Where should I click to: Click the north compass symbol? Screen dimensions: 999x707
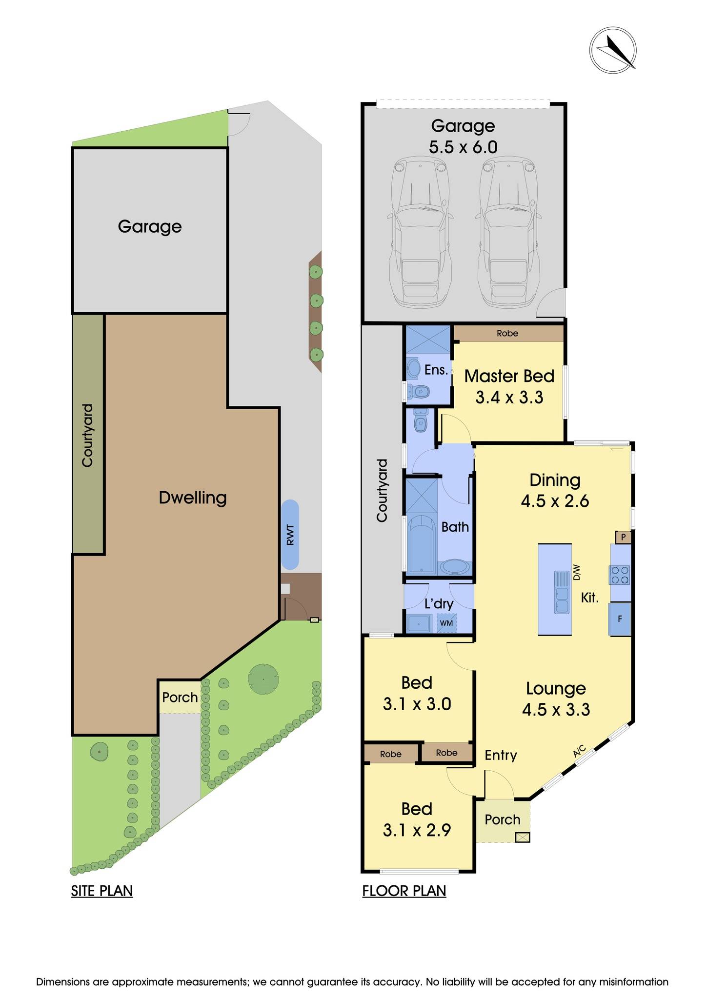612,50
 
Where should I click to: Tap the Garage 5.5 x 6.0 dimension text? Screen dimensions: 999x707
463,147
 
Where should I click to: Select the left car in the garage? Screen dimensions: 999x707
420,233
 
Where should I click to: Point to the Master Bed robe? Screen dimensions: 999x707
507,334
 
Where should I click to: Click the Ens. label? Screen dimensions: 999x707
436,370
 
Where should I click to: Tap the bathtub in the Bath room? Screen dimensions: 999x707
421,545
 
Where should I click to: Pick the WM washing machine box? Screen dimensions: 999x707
446,623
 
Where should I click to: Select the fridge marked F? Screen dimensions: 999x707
620,619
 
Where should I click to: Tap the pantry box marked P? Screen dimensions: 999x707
623,538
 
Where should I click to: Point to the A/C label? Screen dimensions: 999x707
579,752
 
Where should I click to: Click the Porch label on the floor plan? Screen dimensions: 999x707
502,819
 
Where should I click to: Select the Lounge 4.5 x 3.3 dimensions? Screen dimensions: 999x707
556,709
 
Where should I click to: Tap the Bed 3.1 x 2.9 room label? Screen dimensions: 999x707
417,819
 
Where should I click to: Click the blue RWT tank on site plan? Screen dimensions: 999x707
290,535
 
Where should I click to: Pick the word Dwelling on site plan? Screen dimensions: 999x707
193,498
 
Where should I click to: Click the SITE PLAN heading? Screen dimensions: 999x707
102,891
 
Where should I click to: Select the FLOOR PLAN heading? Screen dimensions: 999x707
404,891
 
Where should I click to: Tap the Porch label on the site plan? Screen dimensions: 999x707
180,697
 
